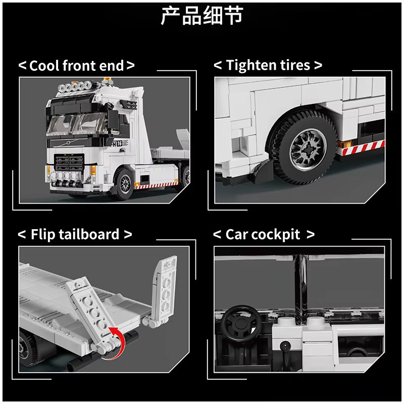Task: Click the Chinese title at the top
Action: pos(202,16)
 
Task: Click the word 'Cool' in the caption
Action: pos(44,66)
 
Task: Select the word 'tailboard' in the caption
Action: pos(89,234)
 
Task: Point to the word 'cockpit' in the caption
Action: pos(276,235)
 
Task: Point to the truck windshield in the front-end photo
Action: pos(76,124)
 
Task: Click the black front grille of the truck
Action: pos(69,163)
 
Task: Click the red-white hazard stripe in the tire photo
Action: pos(363,148)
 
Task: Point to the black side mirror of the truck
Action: pos(113,119)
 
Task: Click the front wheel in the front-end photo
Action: pos(124,183)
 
